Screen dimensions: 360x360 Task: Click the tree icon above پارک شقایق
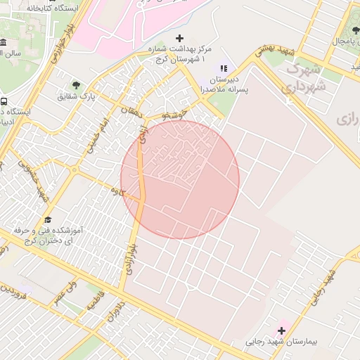tap(77, 85)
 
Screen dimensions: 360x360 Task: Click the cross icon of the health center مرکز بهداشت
tap(179, 38)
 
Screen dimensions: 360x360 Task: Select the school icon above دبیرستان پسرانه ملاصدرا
tap(224, 68)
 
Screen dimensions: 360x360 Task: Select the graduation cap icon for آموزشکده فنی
tap(48, 219)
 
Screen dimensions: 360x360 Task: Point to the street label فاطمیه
tap(94, 301)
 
